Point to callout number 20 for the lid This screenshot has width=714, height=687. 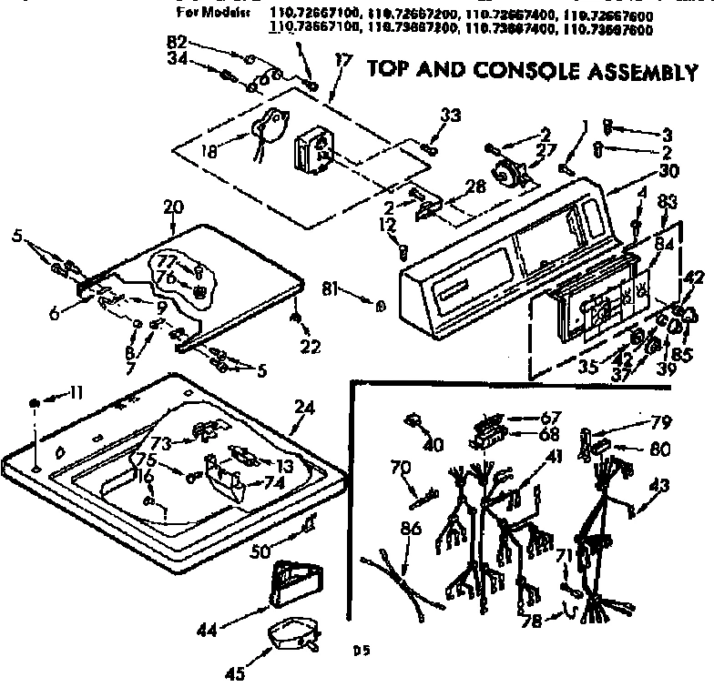coord(173,207)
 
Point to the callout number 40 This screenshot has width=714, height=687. coord(433,445)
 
